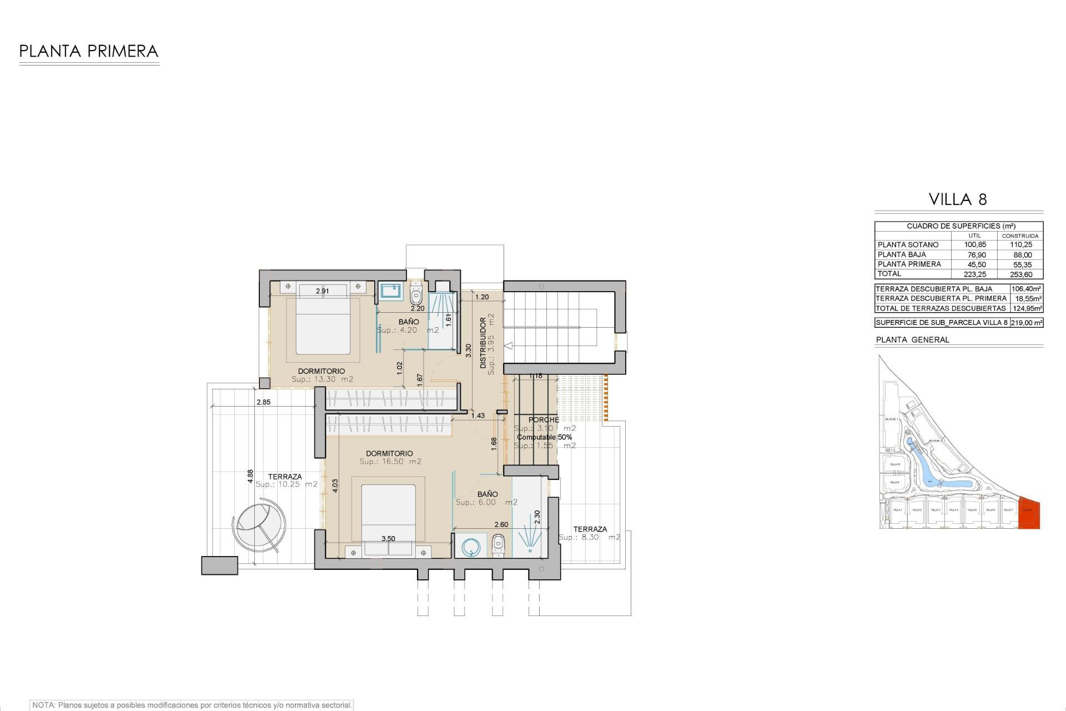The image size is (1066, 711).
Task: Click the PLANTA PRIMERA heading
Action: (89, 52)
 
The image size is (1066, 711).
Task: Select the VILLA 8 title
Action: (958, 199)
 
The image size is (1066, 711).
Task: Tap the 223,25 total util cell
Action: (974, 274)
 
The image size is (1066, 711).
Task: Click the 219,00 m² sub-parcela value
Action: (1027, 323)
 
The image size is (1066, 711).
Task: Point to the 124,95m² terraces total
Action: (1027, 308)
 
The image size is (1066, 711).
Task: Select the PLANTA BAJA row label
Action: (902, 255)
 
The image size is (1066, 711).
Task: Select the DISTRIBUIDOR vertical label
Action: (483, 343)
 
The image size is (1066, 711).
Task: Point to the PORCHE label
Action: (544, 420)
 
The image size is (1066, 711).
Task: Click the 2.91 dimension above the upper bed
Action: (322, 291)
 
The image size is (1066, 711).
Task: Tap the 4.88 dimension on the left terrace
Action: (250, 476)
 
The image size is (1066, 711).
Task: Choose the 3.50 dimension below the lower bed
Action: (388, 539)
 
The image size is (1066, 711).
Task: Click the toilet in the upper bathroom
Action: (416, 291)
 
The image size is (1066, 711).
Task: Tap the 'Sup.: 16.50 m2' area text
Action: (390, 462)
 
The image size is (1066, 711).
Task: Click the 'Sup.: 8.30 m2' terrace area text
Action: (589, 538)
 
